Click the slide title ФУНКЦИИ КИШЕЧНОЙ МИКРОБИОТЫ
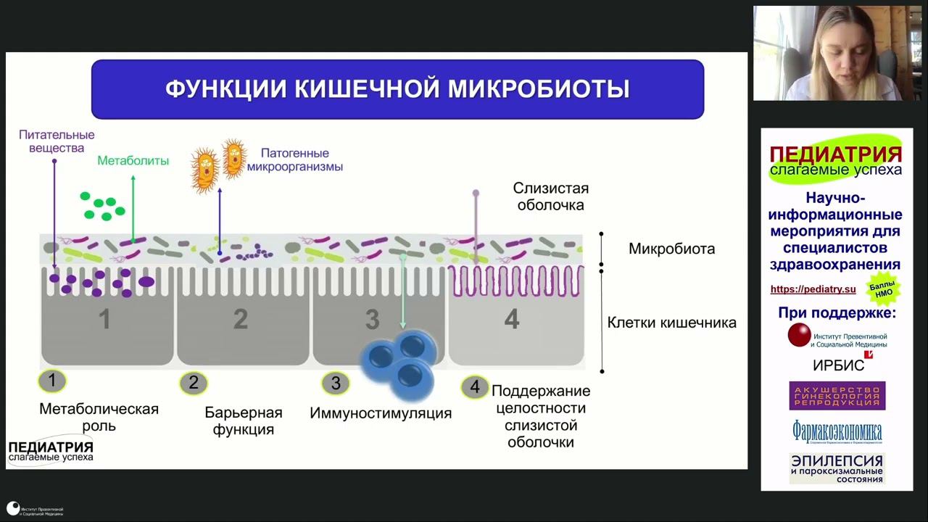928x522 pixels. tap(397, 89)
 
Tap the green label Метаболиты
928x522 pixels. tap(133, 161)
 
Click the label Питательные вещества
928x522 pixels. tap(57, 141)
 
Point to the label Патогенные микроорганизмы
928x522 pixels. tap(294, 160)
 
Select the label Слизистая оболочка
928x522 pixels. tap(550, 196)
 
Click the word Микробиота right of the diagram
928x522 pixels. tap(671, 249)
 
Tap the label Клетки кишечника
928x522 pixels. tap(671, 323)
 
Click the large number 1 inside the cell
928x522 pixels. tap(105, 319)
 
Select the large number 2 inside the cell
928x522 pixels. tap(241, 319)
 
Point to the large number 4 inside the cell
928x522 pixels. tap(512, 319)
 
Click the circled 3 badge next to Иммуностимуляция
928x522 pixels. tap(335, 383)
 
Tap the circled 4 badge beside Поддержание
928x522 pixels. tap(475, 387)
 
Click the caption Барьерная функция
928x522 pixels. tap(243, 420)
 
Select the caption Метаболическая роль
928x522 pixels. tap(99, 417)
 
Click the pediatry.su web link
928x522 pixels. tap(813, 289)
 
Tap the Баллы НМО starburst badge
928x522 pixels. tap(884, 289)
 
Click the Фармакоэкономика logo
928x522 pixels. tap(837, 432)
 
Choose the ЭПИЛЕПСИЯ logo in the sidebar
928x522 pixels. tap(837, 468)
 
